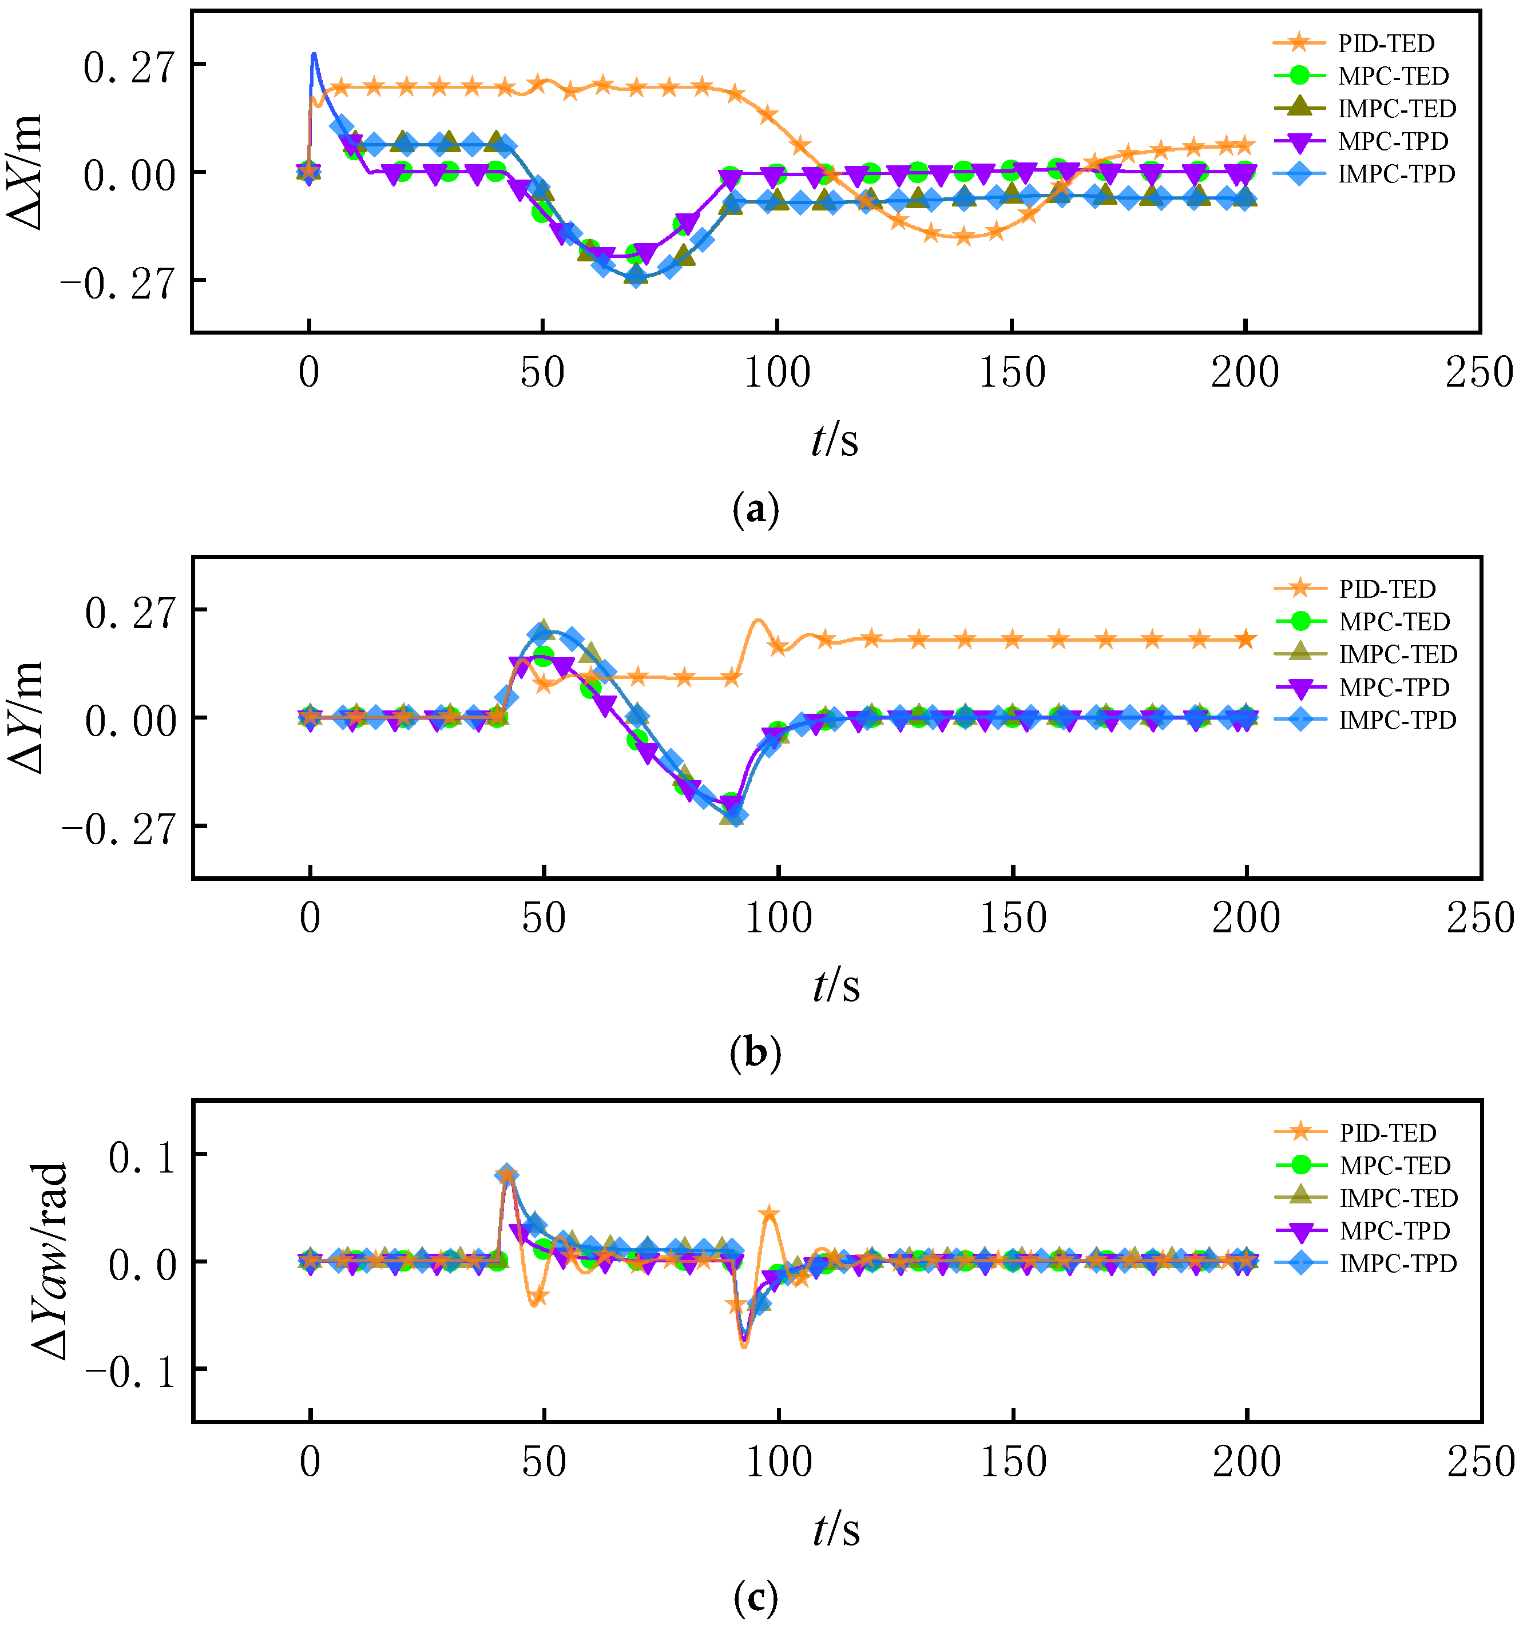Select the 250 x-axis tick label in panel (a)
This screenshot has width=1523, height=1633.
(x=1478, y=374)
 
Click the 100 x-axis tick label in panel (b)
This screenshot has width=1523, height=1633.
(x=778, y=919)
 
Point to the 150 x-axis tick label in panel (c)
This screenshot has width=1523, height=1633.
(x=1013, y=1463)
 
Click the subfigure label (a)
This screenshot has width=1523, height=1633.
(x=753, y=509)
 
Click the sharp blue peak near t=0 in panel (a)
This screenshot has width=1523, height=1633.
(x=313, y=55)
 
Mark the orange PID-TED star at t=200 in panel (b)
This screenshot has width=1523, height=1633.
(x=1246, y=639)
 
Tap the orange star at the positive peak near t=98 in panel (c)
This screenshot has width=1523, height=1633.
(x=769, y=1213)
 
